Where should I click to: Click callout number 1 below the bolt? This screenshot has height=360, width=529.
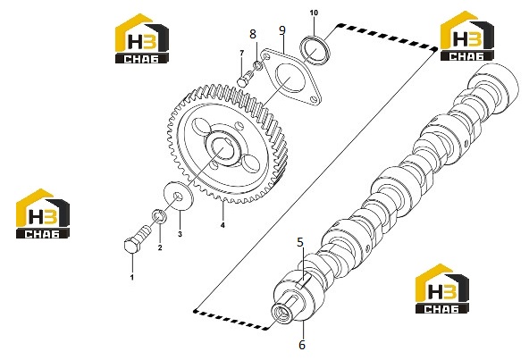click(x=132, y=277)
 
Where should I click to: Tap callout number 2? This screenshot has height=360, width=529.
click(x=160, y=247)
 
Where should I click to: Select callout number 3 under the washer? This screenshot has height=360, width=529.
click(x=180, y=234)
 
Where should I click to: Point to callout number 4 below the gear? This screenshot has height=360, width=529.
click(x=223, y=225)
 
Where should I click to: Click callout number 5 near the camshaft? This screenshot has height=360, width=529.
click(x=300, y=242)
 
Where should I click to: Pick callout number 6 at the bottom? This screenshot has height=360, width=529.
click(x=302, y=345)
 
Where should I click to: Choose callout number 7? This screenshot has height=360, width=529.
click(x=241, y=53)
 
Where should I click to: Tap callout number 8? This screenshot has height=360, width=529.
click(x=253, y=34)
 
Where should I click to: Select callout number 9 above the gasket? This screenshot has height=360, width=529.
click(x=282, y=30)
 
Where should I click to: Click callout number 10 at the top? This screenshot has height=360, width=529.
click(x=314, y=13)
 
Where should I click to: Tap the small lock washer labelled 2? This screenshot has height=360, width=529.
click(x=159, y=215)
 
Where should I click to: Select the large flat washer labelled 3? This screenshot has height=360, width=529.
click(x=179, y=196)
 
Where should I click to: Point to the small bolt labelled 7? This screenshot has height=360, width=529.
click(x=246, y=78)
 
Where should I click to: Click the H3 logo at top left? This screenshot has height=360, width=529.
click(x=142, y=38)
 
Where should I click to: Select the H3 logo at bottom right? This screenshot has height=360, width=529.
click(x=442, y=289)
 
